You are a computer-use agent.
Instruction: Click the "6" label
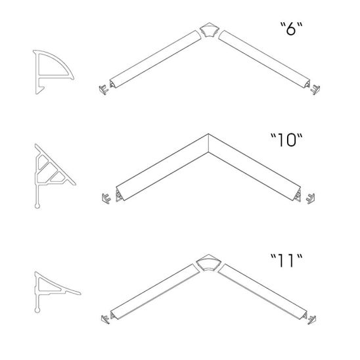coord(292,29)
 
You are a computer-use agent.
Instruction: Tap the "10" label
coord(286,140)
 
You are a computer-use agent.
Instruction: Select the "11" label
coord(286,261)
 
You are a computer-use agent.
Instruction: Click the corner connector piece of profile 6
coord(209,30)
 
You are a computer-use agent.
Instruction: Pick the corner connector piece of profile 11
coord(209,263)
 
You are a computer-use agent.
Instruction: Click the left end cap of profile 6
coord(104,89)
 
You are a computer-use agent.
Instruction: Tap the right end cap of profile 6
coord(315,89)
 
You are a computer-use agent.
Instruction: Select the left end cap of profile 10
coord(106,198)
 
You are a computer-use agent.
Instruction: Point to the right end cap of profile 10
coord(311,198)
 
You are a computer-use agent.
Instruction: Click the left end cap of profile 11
coord(105,319)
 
